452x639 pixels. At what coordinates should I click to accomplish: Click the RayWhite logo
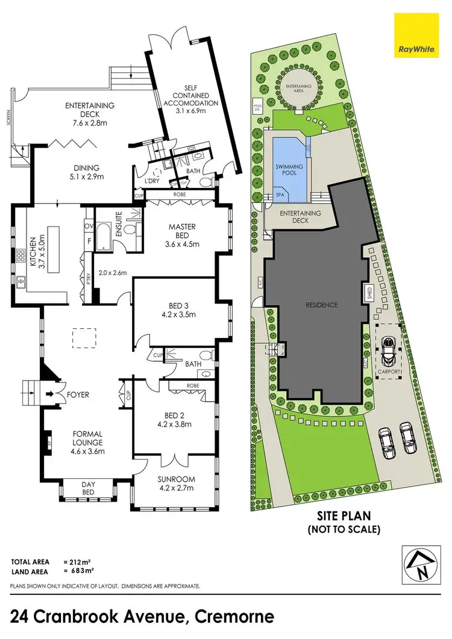click(x=412, y=34)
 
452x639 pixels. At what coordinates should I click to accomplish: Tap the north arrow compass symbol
click(x=417, y=565)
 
